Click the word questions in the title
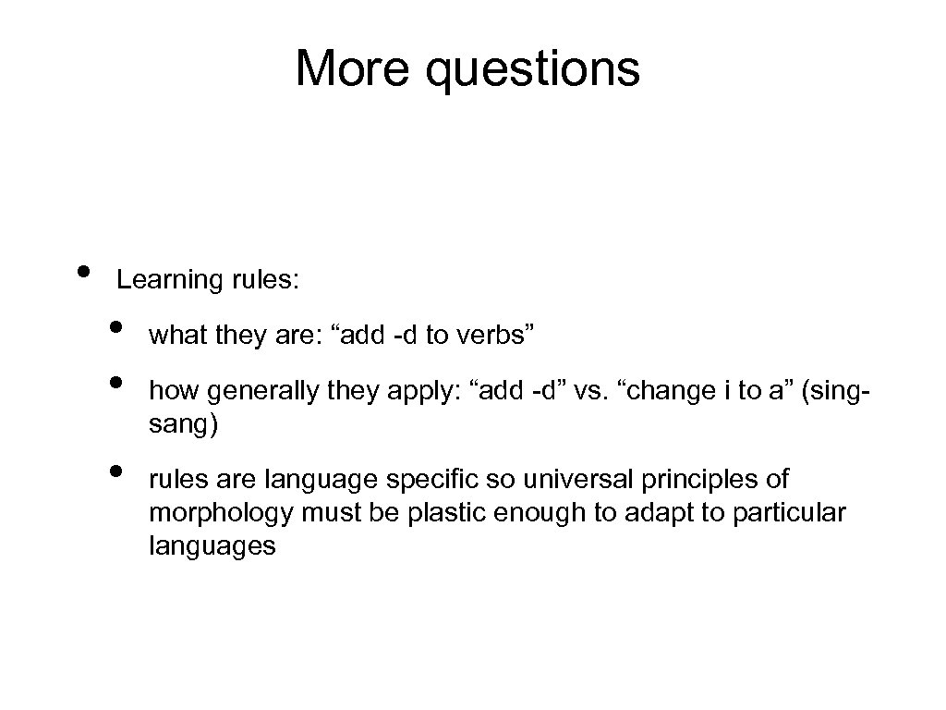pos(533,70)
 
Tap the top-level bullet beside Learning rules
pos(84,271)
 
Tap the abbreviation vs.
pos(587,392)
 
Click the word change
pos(666,392)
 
